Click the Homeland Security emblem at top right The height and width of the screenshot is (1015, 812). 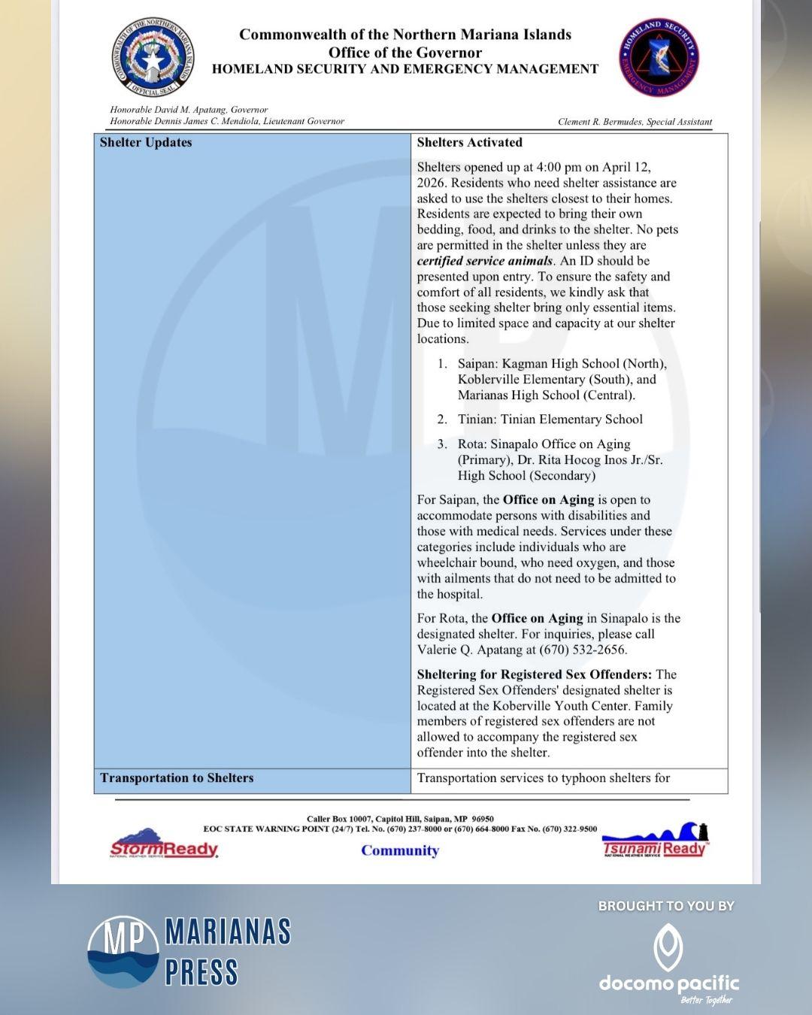(x=659, y=59)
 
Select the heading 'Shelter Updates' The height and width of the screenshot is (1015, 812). (x=146, y=143)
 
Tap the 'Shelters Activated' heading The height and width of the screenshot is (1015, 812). (x=469, y=143)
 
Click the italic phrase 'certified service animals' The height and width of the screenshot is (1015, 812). (x=484, y=261)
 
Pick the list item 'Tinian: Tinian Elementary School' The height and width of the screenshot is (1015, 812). (x=550, y=420)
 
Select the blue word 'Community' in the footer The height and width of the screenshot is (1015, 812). (x=400, y=850)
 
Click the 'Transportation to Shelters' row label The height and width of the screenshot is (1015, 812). (x=177, y=778)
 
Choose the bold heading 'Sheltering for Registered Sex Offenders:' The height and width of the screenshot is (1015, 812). (x=534, y=674)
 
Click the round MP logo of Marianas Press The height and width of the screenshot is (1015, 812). (x=123, y=951)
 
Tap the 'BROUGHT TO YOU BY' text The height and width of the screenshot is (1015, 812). (x=666, y=906)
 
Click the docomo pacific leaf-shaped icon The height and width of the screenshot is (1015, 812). (x=668, y=947)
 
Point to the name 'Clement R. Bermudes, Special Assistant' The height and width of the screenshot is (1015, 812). (x=635, y=122)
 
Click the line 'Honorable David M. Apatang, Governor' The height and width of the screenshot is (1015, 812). (x=189, y=110)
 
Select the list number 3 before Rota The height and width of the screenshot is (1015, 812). (x=442, y=444)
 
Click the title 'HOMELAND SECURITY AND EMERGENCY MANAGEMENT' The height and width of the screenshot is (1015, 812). (x=405, y=69)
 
